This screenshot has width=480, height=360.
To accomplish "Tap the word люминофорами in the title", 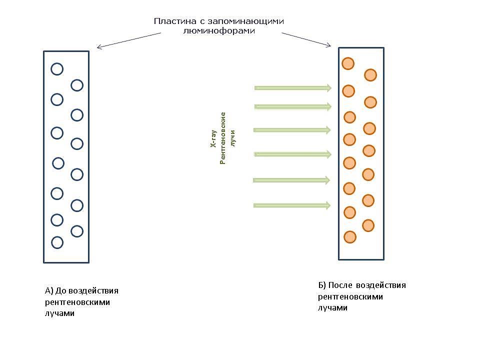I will [220, 31].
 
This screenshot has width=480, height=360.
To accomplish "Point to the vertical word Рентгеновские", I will [223, 138].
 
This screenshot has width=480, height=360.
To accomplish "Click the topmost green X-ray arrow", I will [293, 88].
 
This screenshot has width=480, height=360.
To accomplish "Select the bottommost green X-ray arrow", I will [292, 205].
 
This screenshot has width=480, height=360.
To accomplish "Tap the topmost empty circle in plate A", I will [57, 69].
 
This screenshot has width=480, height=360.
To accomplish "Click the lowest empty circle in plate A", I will [57, 242].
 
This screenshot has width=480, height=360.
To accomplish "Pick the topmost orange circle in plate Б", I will [348, 63].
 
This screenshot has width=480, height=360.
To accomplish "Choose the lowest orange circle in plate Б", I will [350, 236].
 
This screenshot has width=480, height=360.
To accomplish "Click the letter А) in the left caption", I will [48, 291].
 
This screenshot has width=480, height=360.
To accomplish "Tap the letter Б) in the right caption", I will [322, 285].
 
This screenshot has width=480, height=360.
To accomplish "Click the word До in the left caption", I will [61, 291].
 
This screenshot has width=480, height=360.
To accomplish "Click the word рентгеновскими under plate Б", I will [350, 296].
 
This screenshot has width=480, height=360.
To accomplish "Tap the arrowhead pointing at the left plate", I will [99, 48].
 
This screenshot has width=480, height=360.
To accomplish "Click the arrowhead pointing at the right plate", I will [328, 45].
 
